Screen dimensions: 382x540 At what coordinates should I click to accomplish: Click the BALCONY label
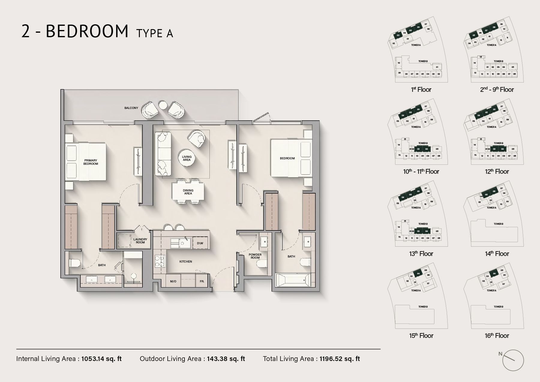pyautogui.click(x=131, y=108)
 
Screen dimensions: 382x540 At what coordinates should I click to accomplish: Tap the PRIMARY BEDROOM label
pyautogui.click(x=91, y=162)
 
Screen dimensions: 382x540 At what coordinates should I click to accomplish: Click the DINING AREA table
pyautogui.click(x=188, y=192)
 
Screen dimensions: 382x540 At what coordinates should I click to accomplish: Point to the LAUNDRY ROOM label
pyautogui.click(x=140, y=241)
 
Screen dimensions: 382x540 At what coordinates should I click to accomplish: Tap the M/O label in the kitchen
pyautogui.click(x=173, y=281)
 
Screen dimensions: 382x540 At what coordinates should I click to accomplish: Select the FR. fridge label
pyautogui.click(x=202, y=281)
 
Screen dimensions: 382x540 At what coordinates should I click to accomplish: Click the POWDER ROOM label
pyautogui.click(x=255, y=256)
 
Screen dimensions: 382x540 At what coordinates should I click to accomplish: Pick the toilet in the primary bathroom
pyautogui.click(x=75, y=263)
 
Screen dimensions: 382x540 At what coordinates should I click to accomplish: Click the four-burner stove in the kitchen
pyautogui.click(x=160, y=261)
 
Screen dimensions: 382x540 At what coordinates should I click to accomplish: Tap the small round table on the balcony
pyautogui.click(x=163, y=105)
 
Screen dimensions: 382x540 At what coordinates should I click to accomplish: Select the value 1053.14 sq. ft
pyautogui.click(x=101, y=359)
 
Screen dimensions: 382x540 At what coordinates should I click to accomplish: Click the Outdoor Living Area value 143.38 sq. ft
pyautogui.click(x=226, y=359)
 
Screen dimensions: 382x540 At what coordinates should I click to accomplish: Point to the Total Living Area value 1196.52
pyautogui.click(x=340, y=359)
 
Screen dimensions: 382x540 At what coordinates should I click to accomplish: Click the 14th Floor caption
pyautogui.click(x=497, y=254)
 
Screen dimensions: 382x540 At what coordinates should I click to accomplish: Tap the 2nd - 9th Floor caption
pyautogui.click(x=497, y=89)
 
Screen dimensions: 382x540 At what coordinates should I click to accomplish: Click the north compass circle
pyautogui.click(x=513, y=360)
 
